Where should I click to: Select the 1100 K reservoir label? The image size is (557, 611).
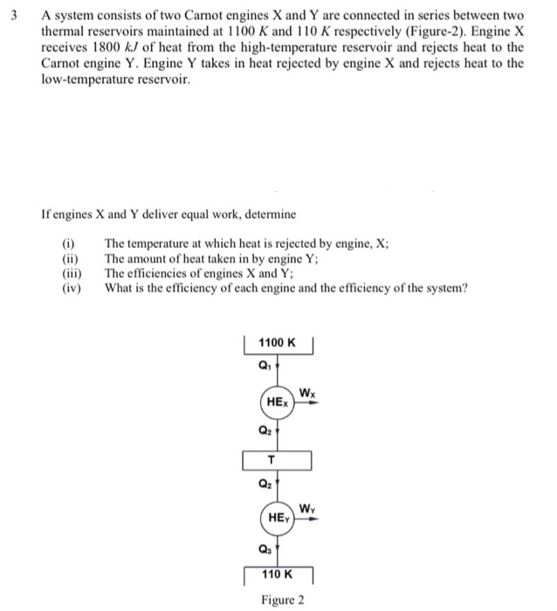[278, 344]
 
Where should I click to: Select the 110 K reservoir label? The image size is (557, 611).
[278, 575]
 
